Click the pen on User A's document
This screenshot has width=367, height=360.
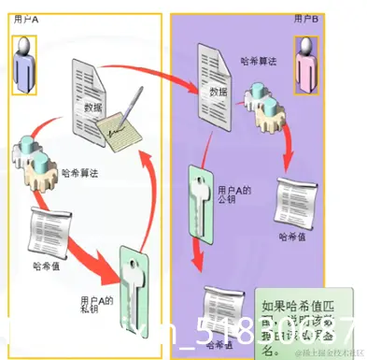point(134,108)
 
